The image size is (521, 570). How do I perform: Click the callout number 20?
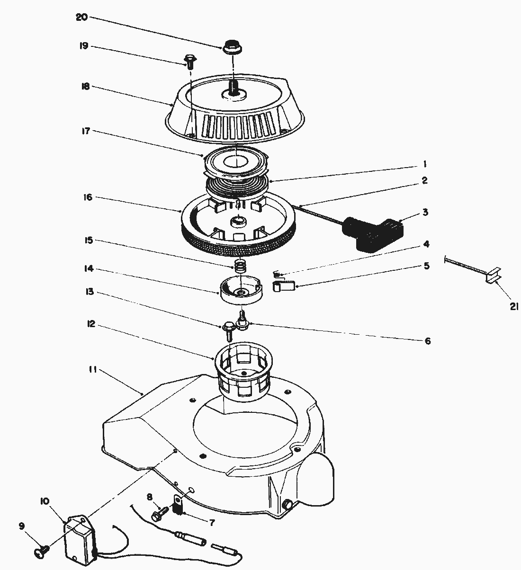81,17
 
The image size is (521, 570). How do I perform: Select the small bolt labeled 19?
190,60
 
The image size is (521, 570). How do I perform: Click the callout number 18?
85,87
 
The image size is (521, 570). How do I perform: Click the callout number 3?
425,213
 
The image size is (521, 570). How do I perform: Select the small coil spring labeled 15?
241,266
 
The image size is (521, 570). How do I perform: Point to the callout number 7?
212,523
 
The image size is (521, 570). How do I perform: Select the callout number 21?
514,307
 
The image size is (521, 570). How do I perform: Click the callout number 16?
88,197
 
